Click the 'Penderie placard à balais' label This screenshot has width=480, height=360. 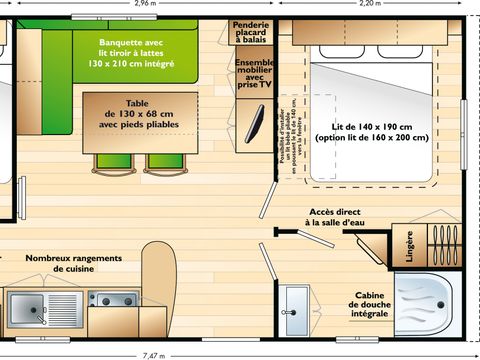click(x=251, y=32)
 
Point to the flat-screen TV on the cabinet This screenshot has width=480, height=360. click(x=256, y=125)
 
